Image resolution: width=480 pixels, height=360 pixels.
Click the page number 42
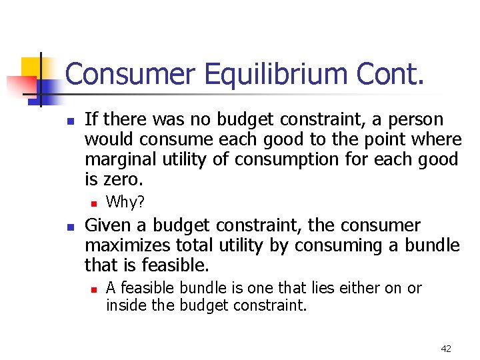[x=446, y=349]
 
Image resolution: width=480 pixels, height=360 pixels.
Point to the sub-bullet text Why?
[x=125, y=201]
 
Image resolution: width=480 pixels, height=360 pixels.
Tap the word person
[x=418, y=120]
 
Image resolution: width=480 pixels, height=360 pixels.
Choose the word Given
[x=107, y=225]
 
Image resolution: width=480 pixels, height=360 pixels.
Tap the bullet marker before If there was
[x=69, y=121]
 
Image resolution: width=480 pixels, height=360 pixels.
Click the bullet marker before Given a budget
[x=69, y=227]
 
